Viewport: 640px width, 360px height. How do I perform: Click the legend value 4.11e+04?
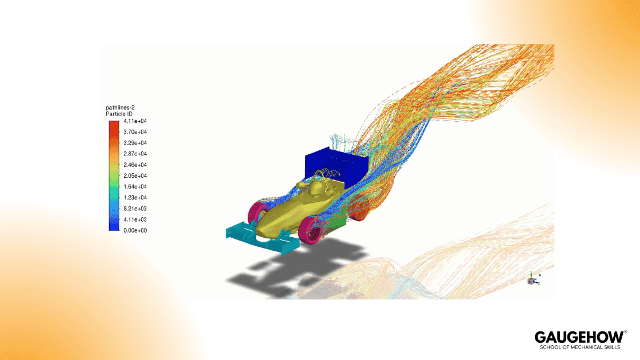click(x=135, y=121)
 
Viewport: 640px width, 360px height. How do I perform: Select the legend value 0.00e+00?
click(x=135, y=230)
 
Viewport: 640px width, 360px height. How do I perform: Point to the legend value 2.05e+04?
click(x=135, y=175)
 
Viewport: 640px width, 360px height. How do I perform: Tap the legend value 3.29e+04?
click(x=135, y=143)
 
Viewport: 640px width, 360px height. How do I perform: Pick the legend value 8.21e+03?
click(x=135, y=209)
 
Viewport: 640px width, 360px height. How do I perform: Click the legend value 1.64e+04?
click(x=135, y=187)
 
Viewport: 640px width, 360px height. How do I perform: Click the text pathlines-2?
click(x=120, y=107)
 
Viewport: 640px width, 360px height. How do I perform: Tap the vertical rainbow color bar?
click(x=114, y=175)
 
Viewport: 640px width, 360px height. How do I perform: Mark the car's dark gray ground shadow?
click(x=291, y=269)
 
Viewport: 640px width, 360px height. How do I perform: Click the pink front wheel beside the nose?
click(x=312, y=231)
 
